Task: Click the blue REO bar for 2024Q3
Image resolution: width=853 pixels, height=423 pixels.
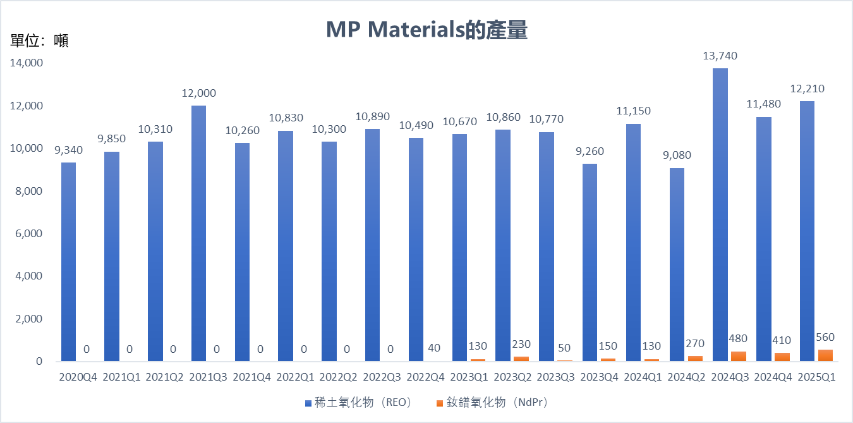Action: (720, 215)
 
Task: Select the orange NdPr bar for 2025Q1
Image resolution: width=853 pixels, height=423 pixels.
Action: (825, 355)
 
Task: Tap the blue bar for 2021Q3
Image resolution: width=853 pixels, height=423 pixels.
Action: (198, 234)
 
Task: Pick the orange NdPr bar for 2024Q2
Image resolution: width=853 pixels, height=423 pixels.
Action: (695, 359)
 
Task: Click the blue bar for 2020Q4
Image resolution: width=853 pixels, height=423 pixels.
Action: (68, 262)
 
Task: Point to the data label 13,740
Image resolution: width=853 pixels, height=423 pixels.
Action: (720, 56)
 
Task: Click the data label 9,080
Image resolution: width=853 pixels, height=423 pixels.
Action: (676, 156)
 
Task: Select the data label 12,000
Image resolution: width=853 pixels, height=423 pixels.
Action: (198, 94)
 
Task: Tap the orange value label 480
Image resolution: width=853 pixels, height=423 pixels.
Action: (739, 339)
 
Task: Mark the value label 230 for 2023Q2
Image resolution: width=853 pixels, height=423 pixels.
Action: (521, 345)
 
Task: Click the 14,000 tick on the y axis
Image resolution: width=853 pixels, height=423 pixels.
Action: (26, 63)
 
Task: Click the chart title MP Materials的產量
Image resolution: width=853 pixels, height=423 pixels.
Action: (426, 30)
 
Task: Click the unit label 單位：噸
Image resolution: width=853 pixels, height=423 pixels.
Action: (39, 41)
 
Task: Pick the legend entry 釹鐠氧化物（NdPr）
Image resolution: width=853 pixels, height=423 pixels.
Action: (495, 403)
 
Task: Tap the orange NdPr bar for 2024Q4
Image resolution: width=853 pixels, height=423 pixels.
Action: (782, 357)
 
